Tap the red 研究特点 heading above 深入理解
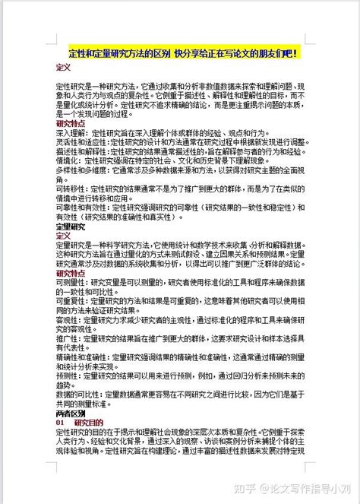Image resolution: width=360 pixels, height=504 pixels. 71,122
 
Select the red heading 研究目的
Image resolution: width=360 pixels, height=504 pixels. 87,423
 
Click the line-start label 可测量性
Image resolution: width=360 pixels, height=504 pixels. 68,282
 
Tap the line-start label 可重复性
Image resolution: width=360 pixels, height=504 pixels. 68,301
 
